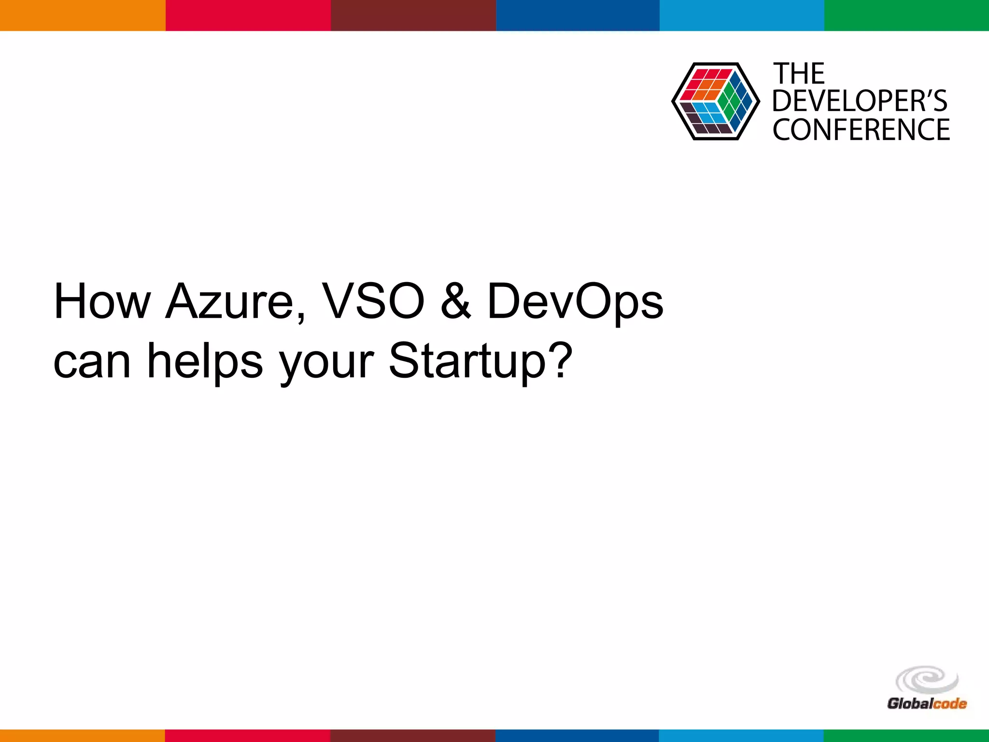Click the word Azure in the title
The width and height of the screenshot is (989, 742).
tap(229, 301)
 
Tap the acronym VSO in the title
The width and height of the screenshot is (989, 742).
tap(373, 301)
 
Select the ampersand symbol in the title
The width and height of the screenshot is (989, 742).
tap(455, 301)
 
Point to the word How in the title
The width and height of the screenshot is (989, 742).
tap(102, 301)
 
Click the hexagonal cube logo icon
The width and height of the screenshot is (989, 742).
tap(715, 101)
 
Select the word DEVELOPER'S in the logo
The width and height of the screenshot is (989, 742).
tap(860, 101)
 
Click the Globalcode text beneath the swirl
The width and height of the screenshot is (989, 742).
tap(927, 703)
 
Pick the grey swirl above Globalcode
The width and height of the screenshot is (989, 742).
tap(927, 680)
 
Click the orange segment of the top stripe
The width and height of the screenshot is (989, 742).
tap(83, 15)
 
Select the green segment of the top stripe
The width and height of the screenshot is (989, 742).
tap(906, 15)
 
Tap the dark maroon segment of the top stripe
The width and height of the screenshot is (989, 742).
tap(413, 15)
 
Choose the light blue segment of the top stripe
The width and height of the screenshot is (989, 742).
tap(742, 15)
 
